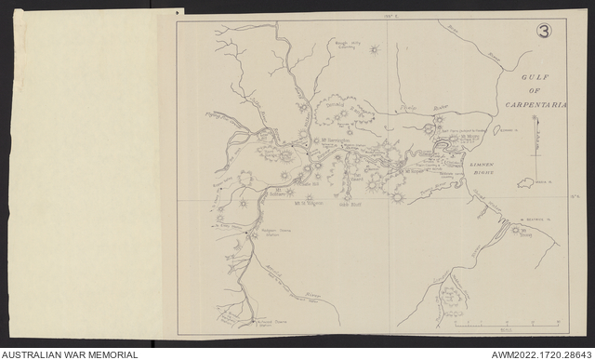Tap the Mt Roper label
(x=415, y=171)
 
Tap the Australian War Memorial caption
(x=70, y=353)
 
